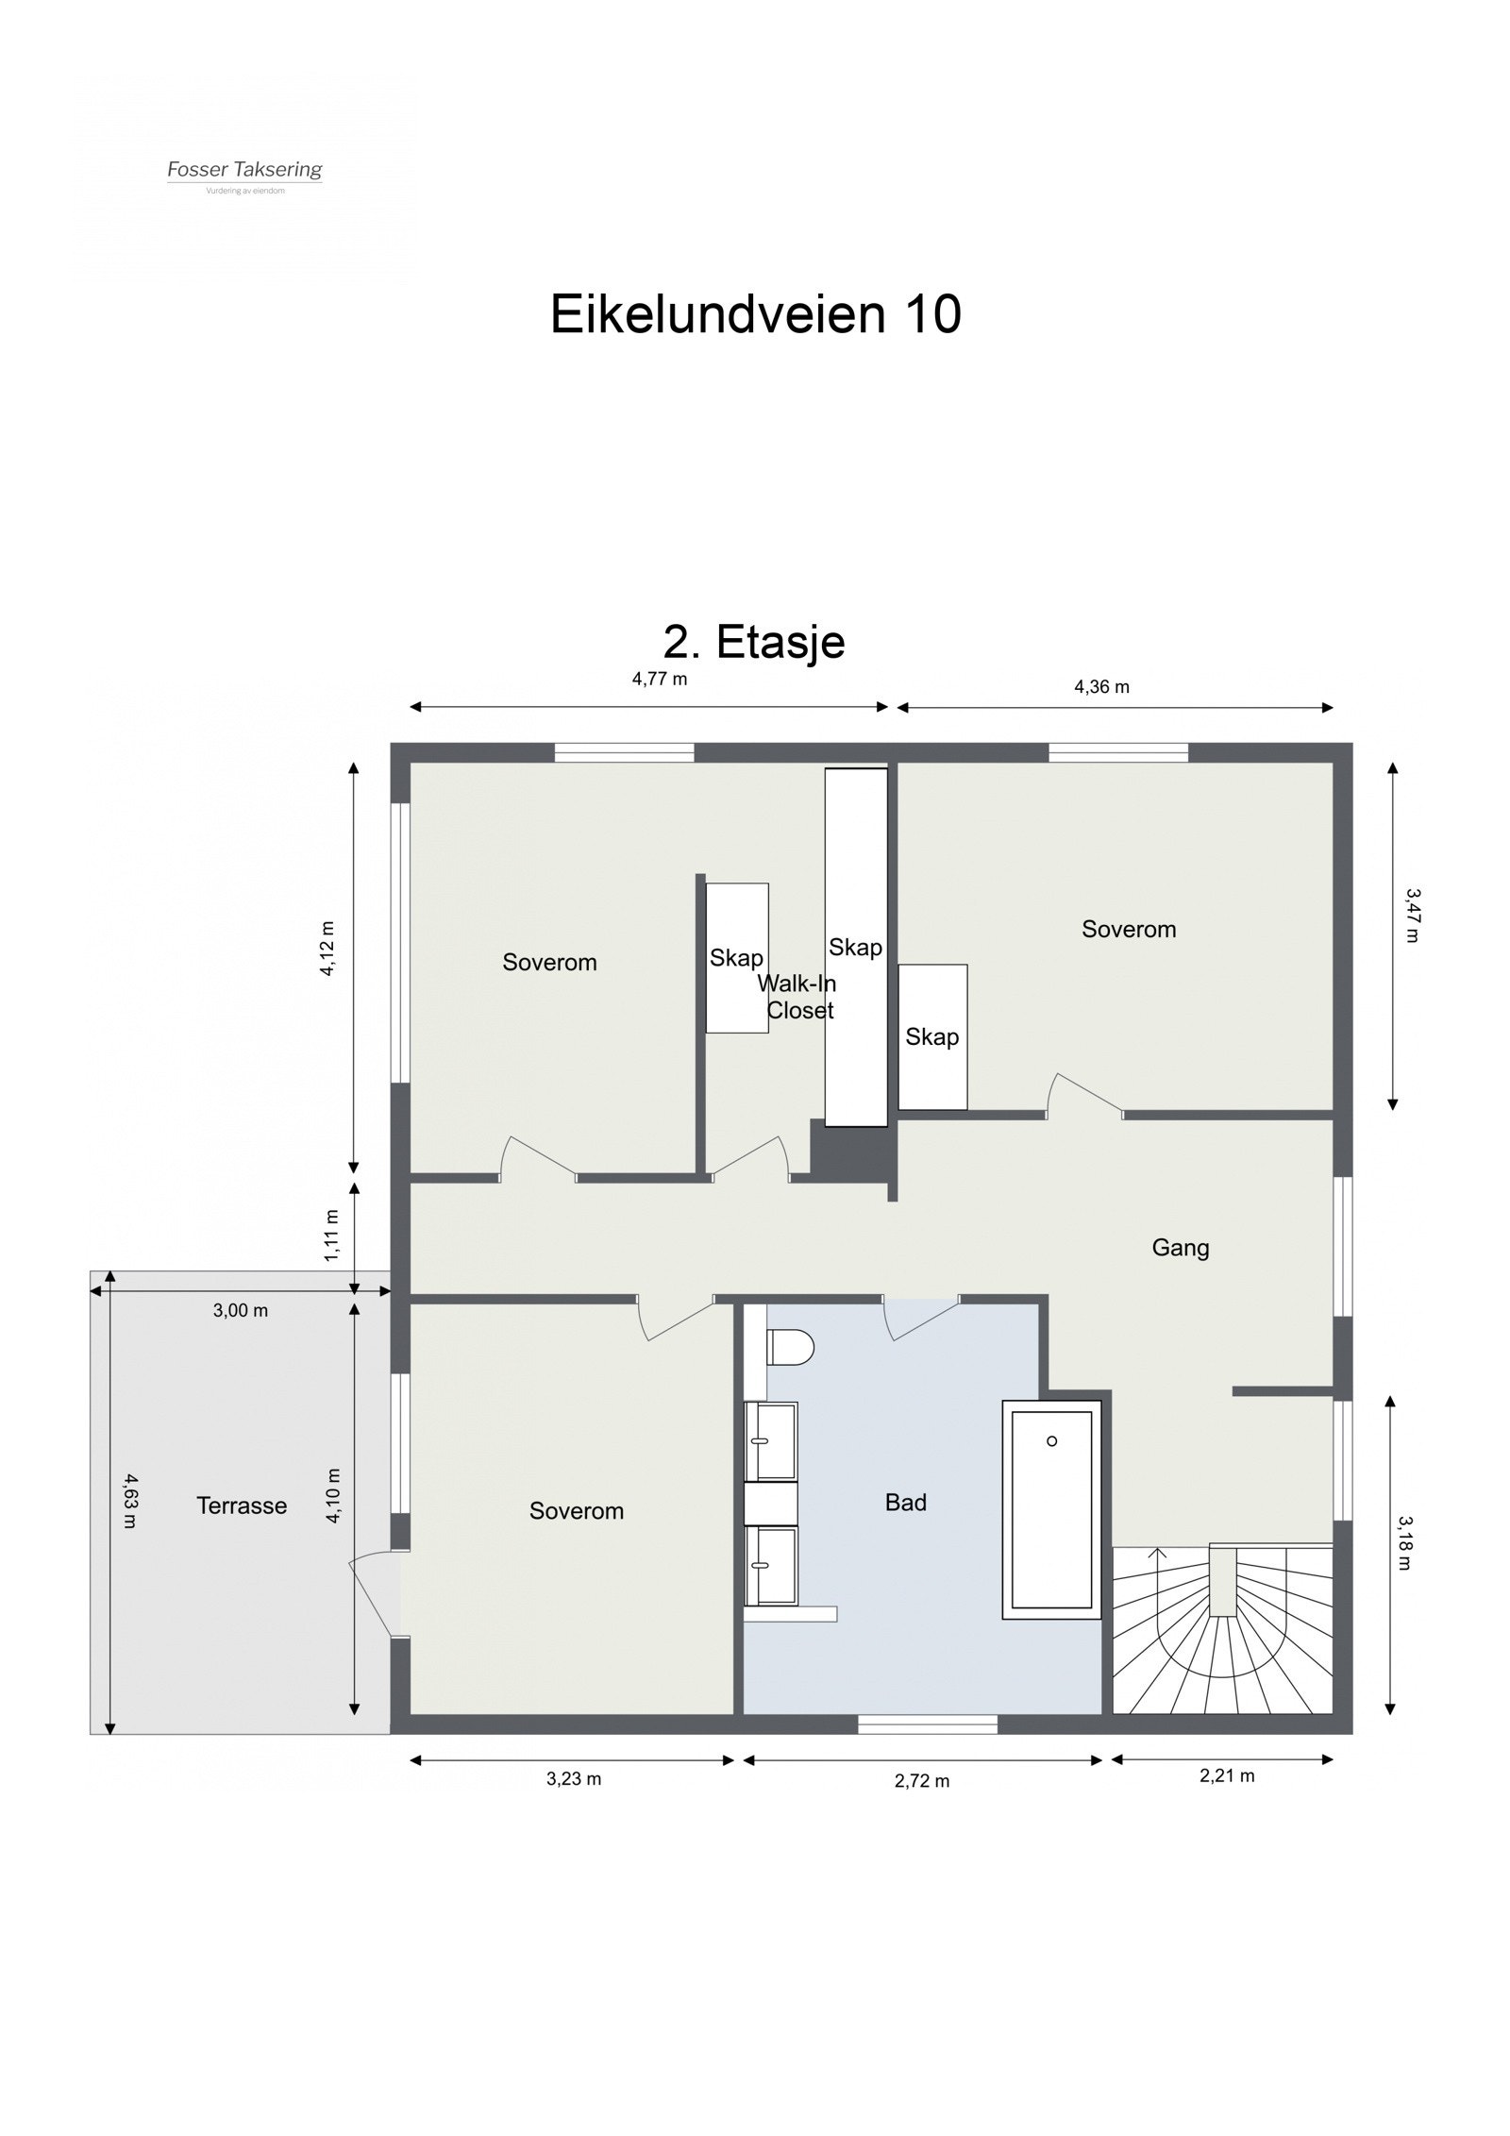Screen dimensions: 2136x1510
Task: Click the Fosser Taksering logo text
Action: click(x=244, y=170)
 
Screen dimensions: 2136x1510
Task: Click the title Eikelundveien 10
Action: click(x=755, y=314)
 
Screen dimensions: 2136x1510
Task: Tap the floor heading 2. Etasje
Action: click(x=754, y=643)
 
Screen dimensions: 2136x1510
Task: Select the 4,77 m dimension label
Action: click(x=660, y=679)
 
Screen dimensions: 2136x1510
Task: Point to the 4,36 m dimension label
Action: click(x=1101, y=687)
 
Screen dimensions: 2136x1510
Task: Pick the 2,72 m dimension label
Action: click(x=922, y=1781)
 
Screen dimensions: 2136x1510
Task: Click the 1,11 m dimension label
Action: click(x=331, y=1235)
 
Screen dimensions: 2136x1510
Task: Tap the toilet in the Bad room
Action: click(x=790, y=1347)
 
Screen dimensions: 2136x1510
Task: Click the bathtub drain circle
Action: click(x=1051, y=1441)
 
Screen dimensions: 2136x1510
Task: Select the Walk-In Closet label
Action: click(x=798, y=997)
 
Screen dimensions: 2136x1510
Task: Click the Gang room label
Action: click(x=1180, y=1248)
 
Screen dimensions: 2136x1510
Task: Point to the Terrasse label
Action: click(x=242, y=1505)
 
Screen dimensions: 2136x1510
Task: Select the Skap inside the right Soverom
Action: click(x=932, y=1036)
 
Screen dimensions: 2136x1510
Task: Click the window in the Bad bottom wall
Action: click(x=927, y=1724)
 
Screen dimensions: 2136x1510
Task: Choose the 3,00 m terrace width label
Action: click(x=240, y=1310)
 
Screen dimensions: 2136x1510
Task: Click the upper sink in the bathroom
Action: click(x=771, y=1441)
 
